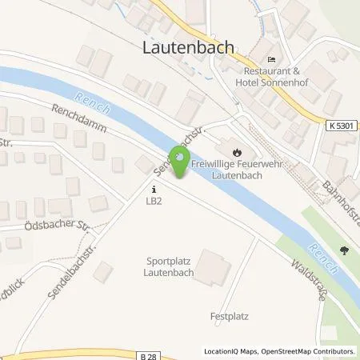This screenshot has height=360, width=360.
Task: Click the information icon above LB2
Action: click(154, 190)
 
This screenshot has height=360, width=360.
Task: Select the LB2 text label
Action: click(154, 201)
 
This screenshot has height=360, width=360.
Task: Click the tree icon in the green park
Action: click(344, 250)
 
